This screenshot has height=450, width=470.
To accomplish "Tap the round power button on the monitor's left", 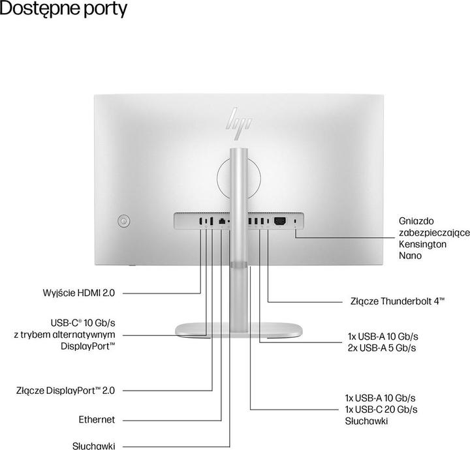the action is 123,222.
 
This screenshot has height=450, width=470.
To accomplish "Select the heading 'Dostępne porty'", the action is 64,10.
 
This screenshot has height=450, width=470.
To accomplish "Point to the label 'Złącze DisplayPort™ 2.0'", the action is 65,391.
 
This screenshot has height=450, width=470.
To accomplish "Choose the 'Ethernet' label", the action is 97,420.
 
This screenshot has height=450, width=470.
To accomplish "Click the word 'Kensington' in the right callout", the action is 422,245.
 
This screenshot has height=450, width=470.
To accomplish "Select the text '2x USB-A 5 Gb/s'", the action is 383,348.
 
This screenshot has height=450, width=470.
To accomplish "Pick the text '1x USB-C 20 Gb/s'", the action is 381,409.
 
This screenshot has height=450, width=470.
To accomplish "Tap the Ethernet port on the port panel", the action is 223,222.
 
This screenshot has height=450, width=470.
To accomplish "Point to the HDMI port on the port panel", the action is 200,222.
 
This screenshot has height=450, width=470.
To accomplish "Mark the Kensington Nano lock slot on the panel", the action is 297,222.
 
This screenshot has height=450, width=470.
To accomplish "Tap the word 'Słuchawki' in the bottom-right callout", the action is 367,421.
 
